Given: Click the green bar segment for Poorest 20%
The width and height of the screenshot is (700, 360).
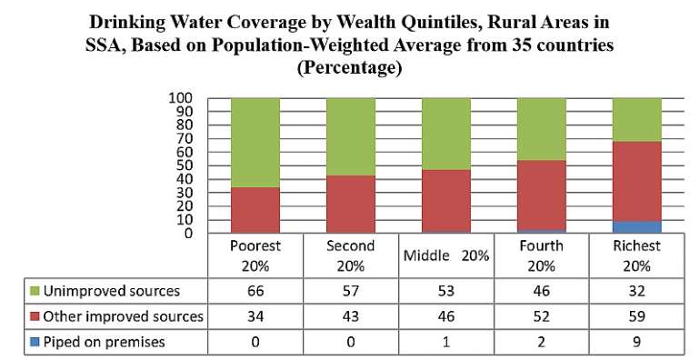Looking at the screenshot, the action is pyautogui.click(x=255, y=143).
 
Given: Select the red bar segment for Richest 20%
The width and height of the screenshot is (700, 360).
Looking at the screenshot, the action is pyautogui.click(x=636, y=181).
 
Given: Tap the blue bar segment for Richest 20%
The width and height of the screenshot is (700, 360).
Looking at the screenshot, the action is pyautogui.click(x=636, y=227).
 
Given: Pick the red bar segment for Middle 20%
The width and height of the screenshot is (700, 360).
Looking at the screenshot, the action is pyautogui.click(x=446, y=201).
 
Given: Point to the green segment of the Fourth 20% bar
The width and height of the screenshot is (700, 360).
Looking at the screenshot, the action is pyautogui.click(x=542, y=129).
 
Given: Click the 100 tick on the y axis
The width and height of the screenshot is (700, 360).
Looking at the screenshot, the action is pyautogui.click(x=180, y=98).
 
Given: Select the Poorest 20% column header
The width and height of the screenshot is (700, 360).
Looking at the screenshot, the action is pyautogui.click(x=255, y=256).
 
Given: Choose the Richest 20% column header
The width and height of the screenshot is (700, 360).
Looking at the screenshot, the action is pyautogui.click(x=636, y=256).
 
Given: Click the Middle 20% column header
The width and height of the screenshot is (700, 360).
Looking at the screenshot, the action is pyautogui.click(x=446, y=256).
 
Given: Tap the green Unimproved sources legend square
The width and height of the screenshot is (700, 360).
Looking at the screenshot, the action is pyautogui.click(x=35, y=291).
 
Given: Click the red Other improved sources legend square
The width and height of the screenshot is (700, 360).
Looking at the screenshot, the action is pyautogui.click(x=35, y=316).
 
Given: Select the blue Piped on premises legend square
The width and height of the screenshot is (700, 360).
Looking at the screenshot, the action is pyautogui.click(x=35, y=342).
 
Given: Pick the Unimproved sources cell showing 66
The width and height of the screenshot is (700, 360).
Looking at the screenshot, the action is pyautogui.click(x=255, y=291).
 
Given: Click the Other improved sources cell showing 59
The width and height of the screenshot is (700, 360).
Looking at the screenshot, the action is pyautogui.click(x=636, y=316).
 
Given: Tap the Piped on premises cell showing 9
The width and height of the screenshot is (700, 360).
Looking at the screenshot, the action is pyautogui.click(x=636, y=342).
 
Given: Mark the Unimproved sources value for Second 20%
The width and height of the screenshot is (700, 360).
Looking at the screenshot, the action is pyautogui.click(x=350, y=291).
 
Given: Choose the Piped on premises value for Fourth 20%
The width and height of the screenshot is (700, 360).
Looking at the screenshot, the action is pyautogui.click(x=542, y=342).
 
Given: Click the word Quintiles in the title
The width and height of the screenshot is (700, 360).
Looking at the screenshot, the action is pyautogui.click(x=435, y=23).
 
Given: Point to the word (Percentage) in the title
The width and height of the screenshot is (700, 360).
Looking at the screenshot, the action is pyautogui.click(x=350, y=67).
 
